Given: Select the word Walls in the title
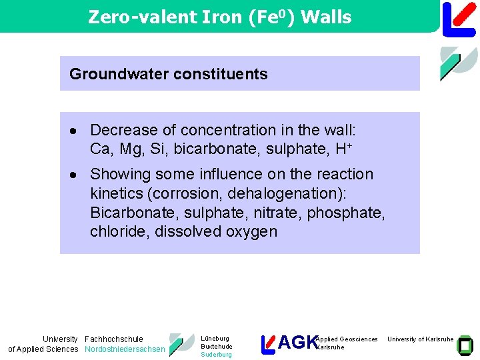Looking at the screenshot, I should click(326, 17).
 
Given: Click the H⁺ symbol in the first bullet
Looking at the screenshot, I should click(341, 149).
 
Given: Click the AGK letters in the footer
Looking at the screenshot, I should click(297, 343).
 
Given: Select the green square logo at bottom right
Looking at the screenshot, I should click(465, 345).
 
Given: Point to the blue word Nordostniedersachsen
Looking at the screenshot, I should click(125, 349).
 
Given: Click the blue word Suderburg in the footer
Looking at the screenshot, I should click(216, 355).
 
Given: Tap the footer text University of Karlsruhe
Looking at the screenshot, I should click(420, 339).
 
